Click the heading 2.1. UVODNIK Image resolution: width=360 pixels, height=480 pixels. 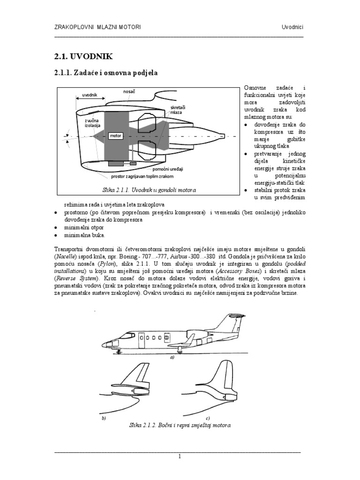[x=84, y=56]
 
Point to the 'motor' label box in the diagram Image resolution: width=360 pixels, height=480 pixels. [x=115, y=136]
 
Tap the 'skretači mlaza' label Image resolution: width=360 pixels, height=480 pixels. [x=177, y=110]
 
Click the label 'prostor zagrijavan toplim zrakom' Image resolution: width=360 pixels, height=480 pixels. [x=142, y=176]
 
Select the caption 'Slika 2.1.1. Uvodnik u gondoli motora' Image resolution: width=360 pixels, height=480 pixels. [x=149, y=190]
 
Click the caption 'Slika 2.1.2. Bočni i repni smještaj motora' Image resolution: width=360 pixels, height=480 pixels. [x=180, y=426]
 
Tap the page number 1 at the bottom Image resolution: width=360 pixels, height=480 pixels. [x=180, y=456]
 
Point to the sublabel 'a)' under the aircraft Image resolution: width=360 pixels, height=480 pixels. [x=172, y=357]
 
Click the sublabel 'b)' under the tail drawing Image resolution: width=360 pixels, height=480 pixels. [x=104, y=418]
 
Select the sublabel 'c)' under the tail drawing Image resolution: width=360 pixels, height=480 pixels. [x=207, y=418]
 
